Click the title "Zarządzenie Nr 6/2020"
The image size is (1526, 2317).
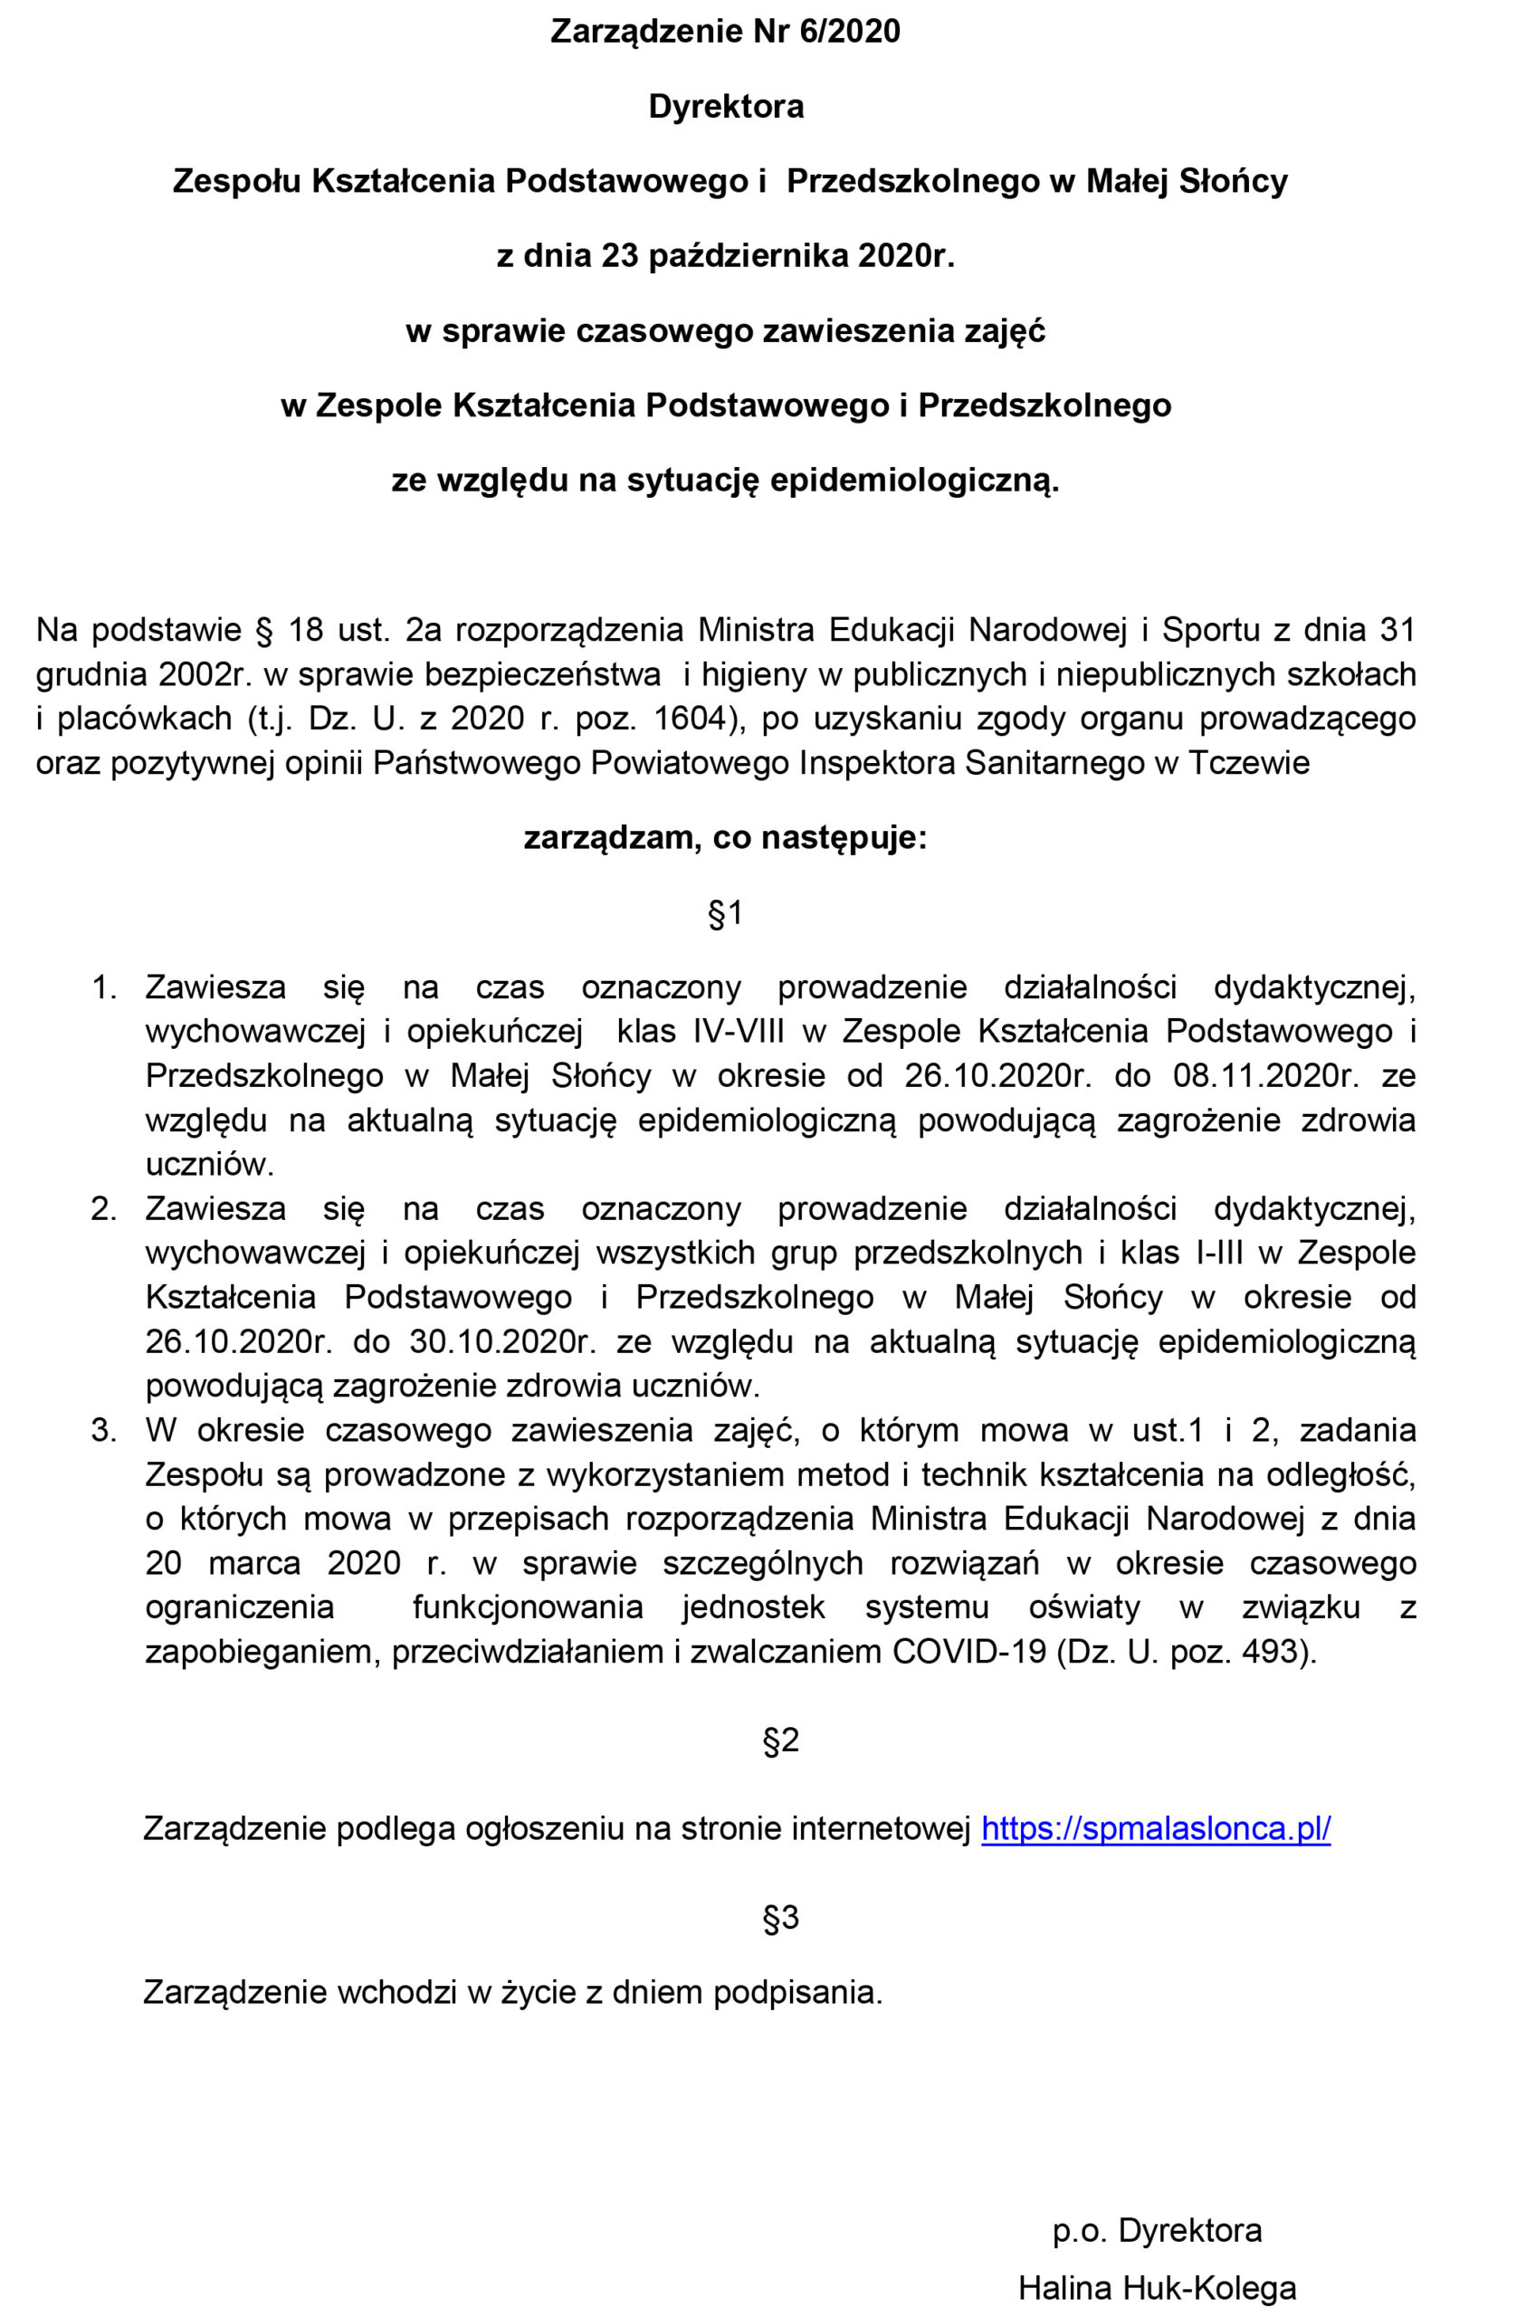click(x=726, y=32)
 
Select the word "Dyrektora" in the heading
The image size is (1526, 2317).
click(x=726, y=106)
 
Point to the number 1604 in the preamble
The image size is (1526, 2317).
click(x=690, y=720)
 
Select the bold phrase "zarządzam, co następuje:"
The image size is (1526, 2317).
click(x=726, y=838)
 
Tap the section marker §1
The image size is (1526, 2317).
click(x=726, y=913)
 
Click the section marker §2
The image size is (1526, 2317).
click(x=780, y=1740)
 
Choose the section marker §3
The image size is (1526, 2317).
click(x=780, y=1917)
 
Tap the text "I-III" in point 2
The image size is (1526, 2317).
click(x=1218, y=1253)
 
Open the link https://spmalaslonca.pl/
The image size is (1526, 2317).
click(x=1155, y=1828)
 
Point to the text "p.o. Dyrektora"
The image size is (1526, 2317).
click(x=1157, y=2229)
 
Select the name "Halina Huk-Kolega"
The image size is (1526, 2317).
click(x=1157, y=2288)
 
